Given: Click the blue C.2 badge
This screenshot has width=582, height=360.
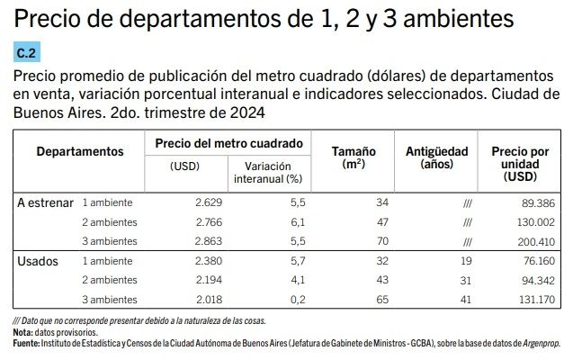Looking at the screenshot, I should [27, 53].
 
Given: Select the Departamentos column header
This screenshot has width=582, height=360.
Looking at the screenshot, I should [79, 151].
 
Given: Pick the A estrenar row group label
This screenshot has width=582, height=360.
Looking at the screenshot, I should [45, 202].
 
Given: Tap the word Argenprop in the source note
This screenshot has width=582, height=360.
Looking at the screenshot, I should [533, 343].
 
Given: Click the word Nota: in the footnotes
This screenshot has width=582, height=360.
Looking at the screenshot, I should [23, 332].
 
